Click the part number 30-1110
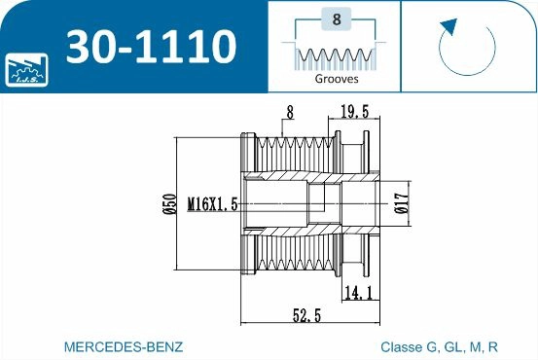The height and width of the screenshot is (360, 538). click(151, 47)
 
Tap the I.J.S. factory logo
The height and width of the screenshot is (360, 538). click(26, 70)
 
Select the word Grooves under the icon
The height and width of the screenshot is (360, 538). click(337, 79)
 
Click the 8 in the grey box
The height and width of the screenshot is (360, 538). click(337, 19)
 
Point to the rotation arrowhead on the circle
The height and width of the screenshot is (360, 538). click(449, 26)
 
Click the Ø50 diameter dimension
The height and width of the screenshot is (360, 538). click(169, 204)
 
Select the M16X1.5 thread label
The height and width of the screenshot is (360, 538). click(213, 204)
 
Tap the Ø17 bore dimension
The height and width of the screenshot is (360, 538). click(402, 203)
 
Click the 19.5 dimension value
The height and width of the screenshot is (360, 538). click(355, 112)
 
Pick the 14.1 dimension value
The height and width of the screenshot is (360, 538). click(359, 293)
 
